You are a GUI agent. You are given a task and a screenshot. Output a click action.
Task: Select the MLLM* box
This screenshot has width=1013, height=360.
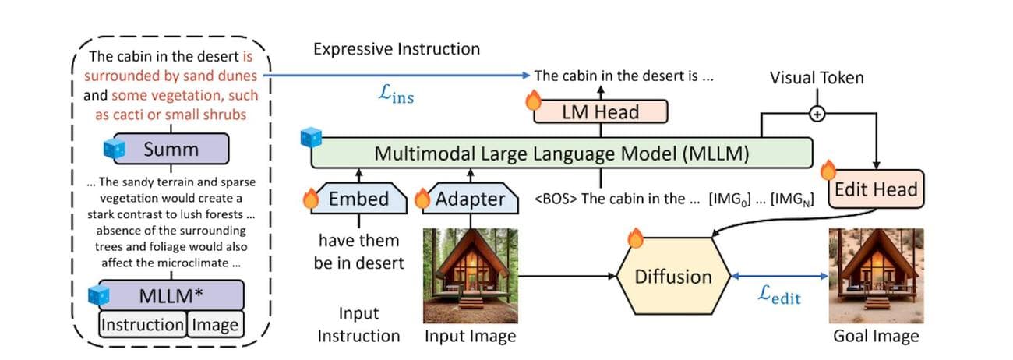[x=171, y=295]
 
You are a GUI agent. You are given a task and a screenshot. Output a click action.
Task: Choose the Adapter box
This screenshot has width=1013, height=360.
[x=469, y=199]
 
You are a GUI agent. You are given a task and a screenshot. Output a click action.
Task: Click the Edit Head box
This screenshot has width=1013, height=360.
[x=876, y=189]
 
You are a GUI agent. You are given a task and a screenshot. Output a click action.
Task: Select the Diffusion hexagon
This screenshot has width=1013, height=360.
[x=672, y=277]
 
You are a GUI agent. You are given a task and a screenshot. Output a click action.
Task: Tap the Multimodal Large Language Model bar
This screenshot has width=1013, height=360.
[x=561, y=153]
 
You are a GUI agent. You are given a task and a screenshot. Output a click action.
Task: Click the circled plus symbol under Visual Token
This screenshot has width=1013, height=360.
[x=817, y=114]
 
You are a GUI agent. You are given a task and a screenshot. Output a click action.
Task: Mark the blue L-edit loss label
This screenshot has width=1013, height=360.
[x=779, y=295]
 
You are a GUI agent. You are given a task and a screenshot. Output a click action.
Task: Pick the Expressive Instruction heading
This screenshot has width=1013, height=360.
[x=397, y=49]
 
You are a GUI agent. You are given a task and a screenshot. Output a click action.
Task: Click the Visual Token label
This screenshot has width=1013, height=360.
[x=817, y=78]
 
